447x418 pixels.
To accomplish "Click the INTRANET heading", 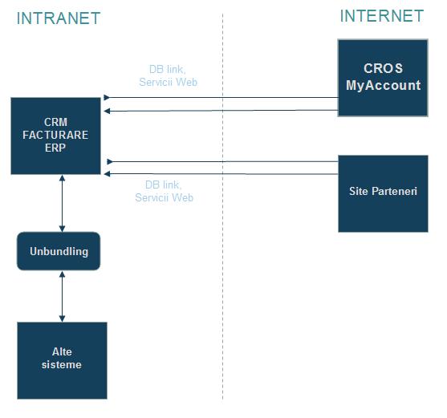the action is [x=59, y=18].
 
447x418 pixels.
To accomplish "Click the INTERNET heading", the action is [x=382, y=16].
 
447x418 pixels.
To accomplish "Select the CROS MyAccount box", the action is [x=383, y=78].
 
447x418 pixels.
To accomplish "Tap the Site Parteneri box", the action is [x=383, y=193].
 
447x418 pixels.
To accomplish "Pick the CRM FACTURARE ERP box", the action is [x=55, y=136].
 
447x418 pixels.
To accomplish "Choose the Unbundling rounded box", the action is [x=59, y=251].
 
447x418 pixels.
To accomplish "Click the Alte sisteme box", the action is [x=62, y=360].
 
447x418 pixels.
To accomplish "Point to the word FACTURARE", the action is [x=55, y=135].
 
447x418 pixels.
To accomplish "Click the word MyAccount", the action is [x=383, y=86].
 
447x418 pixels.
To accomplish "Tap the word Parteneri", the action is [x=394, y=191].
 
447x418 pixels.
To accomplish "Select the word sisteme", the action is [x=62, y=365].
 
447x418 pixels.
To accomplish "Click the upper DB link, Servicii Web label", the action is [x=169, y=75].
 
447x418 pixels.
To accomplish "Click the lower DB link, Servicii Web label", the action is [x=165, y=191].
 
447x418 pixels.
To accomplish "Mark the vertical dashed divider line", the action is [x=222, y=206].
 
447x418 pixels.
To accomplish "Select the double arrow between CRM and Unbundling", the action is [x=62, y=203].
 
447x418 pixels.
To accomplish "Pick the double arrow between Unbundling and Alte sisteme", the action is [x=62, y=296].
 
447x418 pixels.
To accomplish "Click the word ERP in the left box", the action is [x=55, y=148].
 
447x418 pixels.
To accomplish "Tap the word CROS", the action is [x=383, y=68].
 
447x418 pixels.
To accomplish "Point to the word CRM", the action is [x=55, y=122].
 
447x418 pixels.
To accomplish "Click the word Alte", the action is [x=62, y=351].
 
